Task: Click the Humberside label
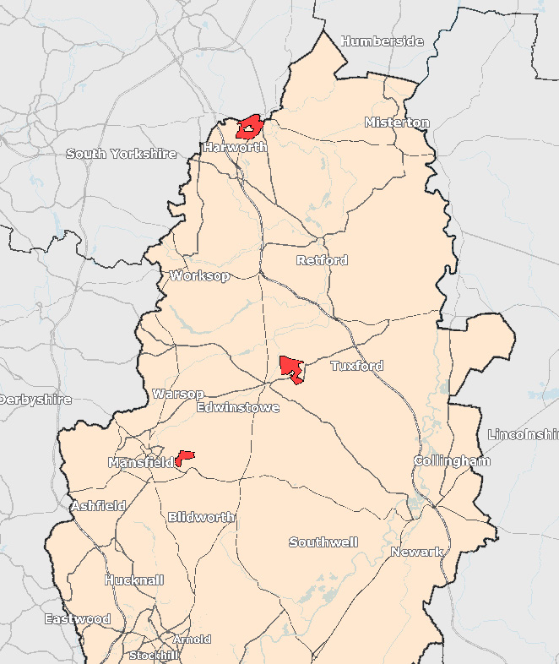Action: [x=382, y=41]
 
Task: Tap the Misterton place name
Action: [x=397, y=122]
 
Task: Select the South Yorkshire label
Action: [x=122, y=154]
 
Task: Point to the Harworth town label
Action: [x=235, y=147]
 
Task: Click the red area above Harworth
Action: [x=250, y=128]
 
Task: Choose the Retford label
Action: [x=322, y=260]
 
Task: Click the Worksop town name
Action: [x=199, y=276]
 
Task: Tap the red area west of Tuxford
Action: [x=291, y=367]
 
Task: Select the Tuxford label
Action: [x=356, y=366]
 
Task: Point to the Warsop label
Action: [x=178, y=394]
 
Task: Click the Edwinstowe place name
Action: [x=237, y=407]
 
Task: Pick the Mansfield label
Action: [x=140, y=463]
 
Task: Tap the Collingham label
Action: [x=452, y=461]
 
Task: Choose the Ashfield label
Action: [x=98, y=506]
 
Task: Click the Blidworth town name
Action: [x=201, y=517]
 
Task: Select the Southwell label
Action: [x=323, y=542]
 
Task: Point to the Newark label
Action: [x=417, y=552]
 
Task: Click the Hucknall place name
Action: [x=134, y=580]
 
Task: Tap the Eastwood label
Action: [x=78, y=619]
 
